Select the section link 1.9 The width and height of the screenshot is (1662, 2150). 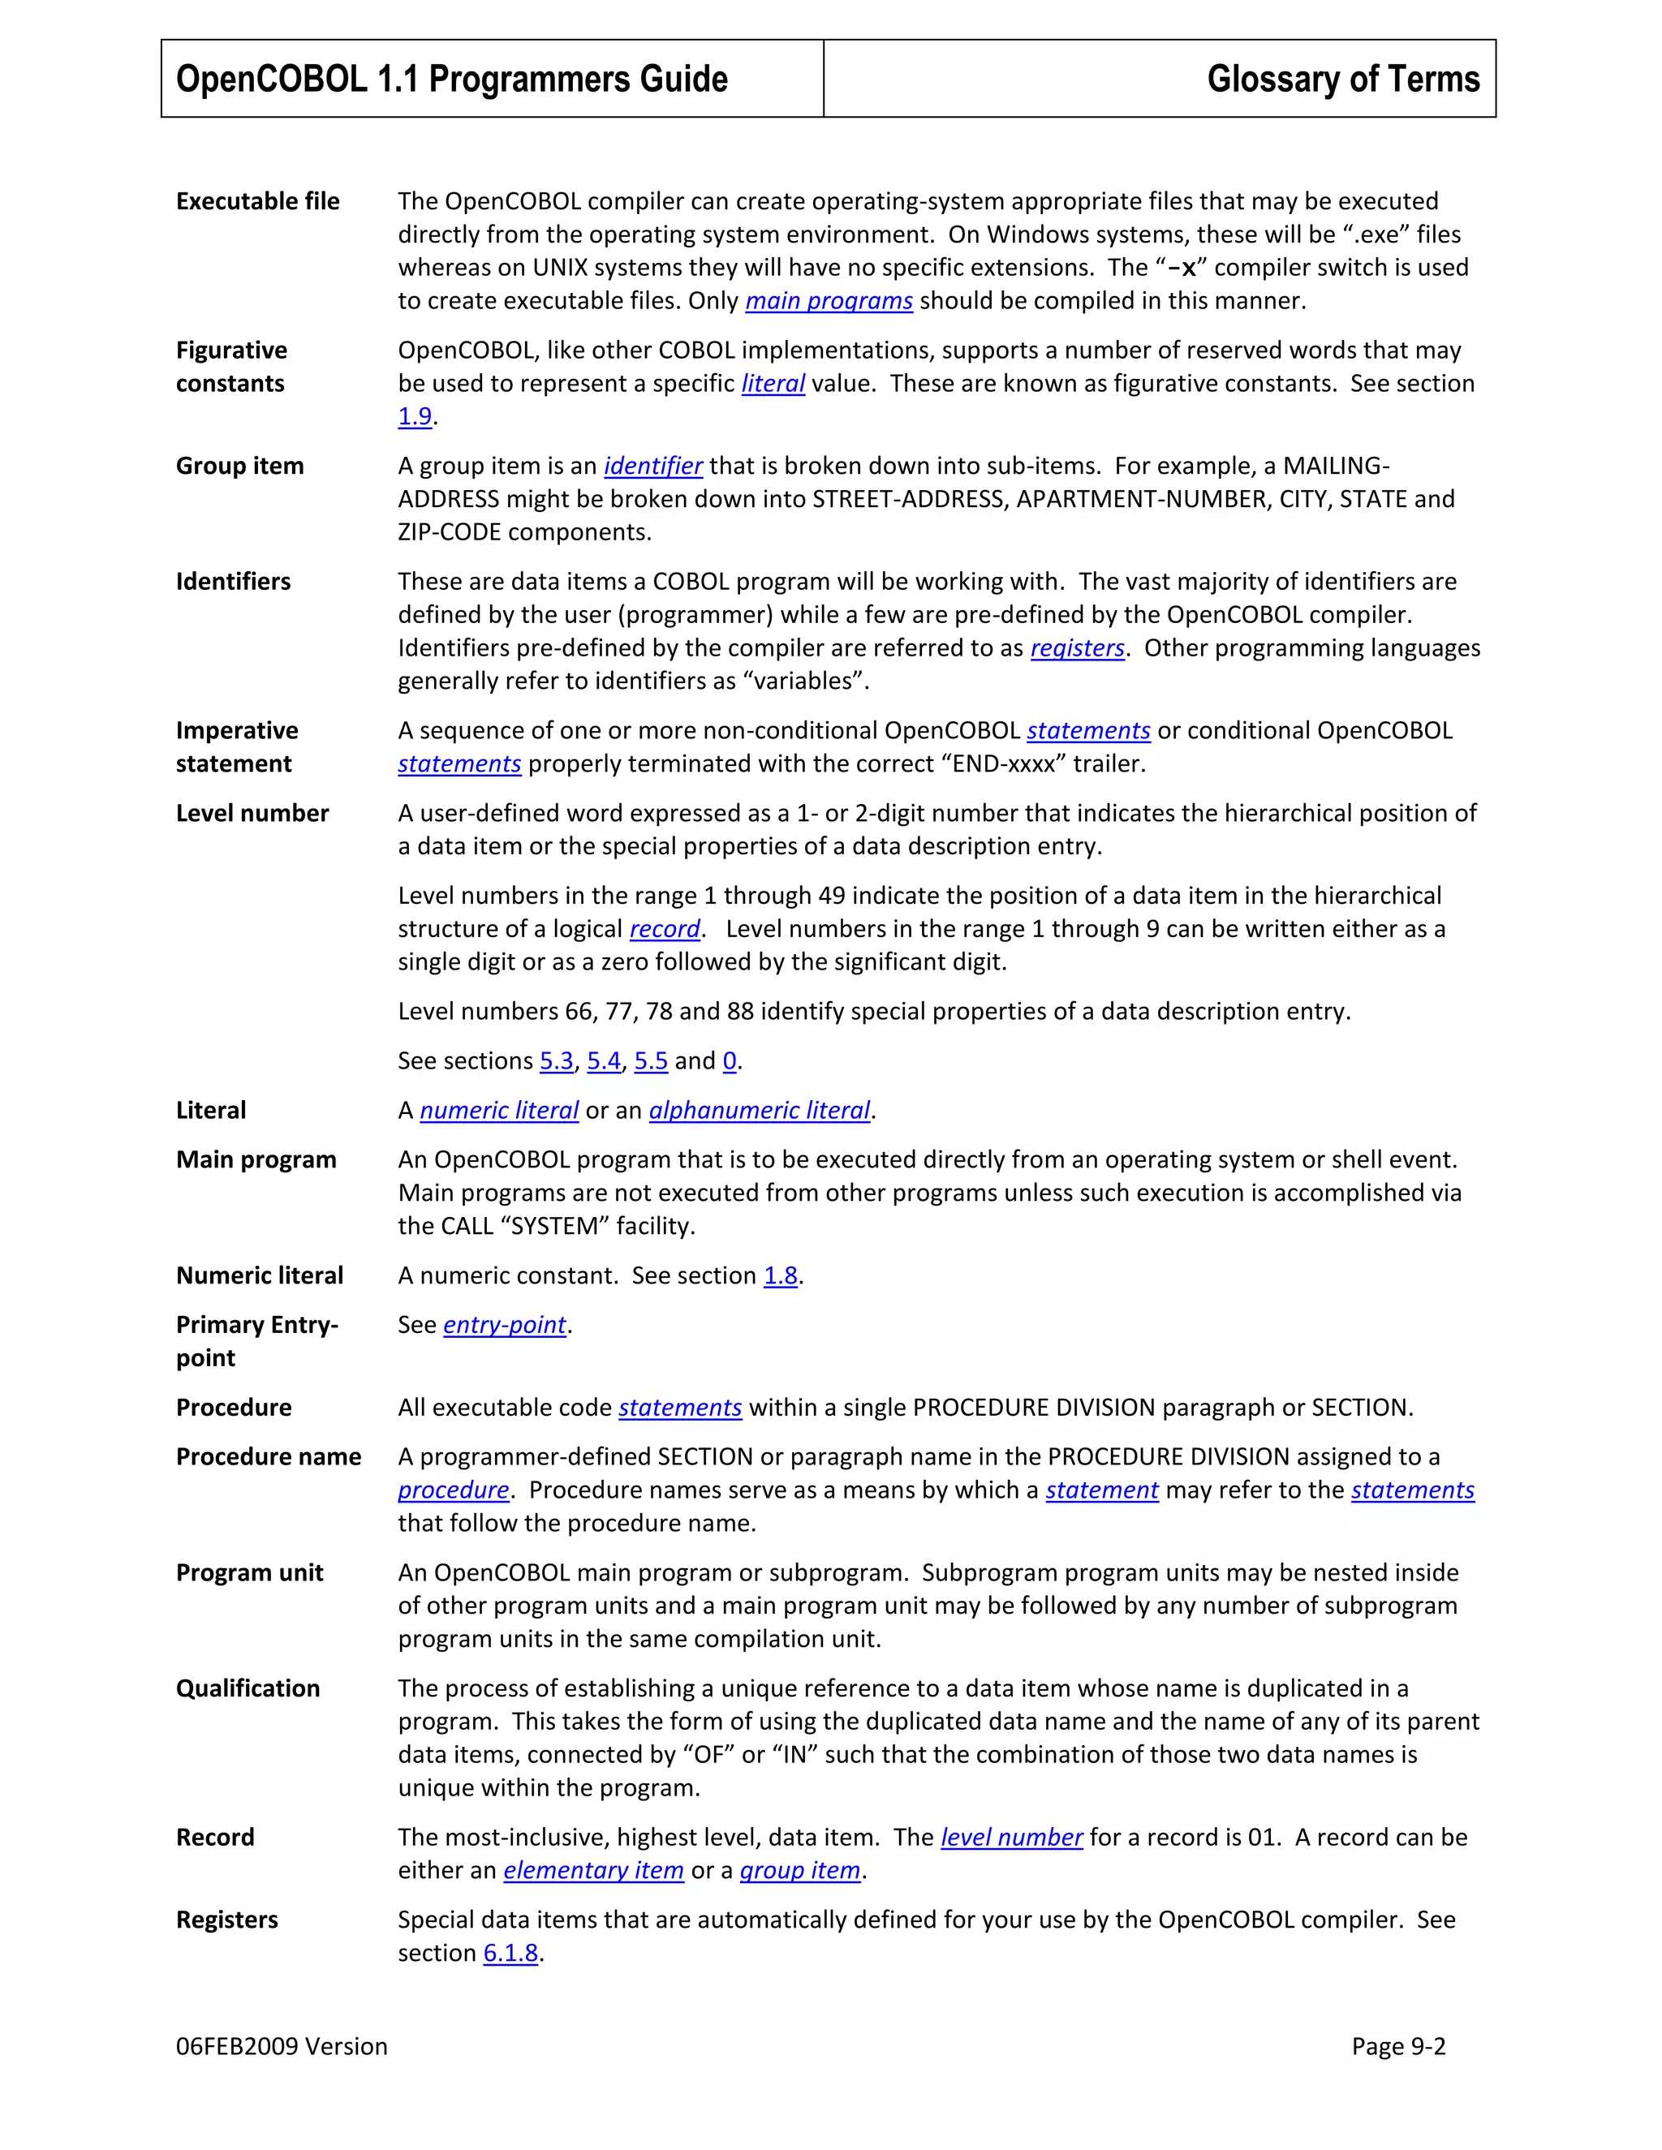pos(415,416)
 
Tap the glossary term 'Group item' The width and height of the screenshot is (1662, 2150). pos(239,466)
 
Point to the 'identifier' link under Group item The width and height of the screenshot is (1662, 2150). pos(652,466)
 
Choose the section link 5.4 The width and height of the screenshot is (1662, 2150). pos(604,1061)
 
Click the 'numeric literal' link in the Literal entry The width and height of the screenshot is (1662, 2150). pos(498,1111)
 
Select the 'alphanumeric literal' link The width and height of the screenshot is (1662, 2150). pos(759,1111)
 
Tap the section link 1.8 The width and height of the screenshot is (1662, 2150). pos(780,1276)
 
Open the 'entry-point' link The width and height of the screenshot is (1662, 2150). pos(504,1325)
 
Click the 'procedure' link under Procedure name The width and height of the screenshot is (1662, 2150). pos(453,1490)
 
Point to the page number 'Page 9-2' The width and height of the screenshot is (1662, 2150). pos(1398,2047)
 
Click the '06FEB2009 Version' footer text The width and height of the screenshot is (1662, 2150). pos(282,2047)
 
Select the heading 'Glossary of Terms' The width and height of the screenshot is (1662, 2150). pos(1343,79)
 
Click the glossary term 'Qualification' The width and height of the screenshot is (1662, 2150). pos(248,1688)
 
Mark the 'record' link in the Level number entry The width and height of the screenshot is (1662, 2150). pos(665,929)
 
